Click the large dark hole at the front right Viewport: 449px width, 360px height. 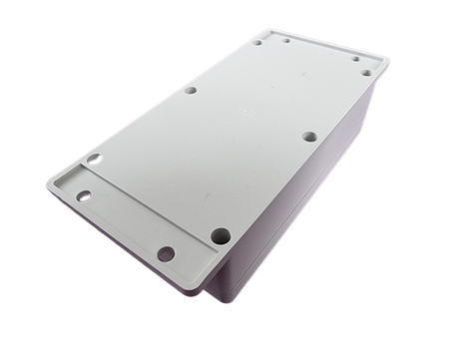tap(220, 236)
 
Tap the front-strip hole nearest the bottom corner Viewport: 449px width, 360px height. tap(166, 253)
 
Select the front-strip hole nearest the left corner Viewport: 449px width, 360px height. tap(84, 195)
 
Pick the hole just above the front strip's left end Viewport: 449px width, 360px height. tap(94, 159)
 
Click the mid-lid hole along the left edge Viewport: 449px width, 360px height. tap(190, 90)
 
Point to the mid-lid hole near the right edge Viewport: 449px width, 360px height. tap(309, 136)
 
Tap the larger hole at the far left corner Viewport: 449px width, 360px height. tap(257, 42)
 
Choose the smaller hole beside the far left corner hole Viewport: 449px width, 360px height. tap(284, 39)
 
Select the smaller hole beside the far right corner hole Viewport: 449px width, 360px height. tap(354, 58)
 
